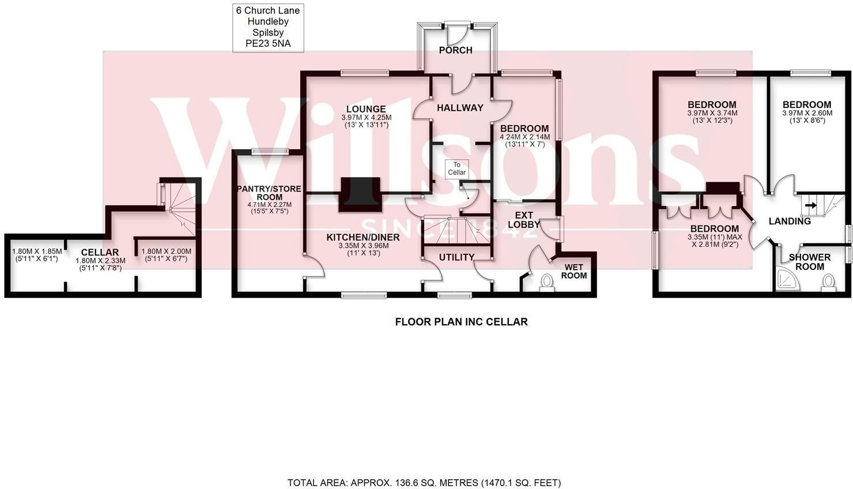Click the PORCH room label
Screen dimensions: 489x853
click(x=455, y=50)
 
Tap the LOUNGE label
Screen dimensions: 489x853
click(x=366, y=109)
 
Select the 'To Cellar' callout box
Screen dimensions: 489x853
click(x=456, y=168)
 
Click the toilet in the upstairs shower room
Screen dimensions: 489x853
click(x=828, y=281)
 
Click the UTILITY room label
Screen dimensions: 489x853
click(x=456, y=257)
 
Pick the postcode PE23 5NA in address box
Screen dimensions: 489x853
click(x=268, y=44)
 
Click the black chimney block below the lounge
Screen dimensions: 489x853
click(x=360, y=191)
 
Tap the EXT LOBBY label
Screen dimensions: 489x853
click(x=524, y=220)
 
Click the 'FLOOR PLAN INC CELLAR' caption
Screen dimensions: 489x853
click(x=461, y=322)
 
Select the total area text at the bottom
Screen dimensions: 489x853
click(x=424, y=483)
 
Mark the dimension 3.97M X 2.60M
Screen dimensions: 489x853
click(x=807, y=113)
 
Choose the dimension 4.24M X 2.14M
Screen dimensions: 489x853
click(x=524, y=137)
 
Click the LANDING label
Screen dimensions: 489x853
click(x=790, y=221)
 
